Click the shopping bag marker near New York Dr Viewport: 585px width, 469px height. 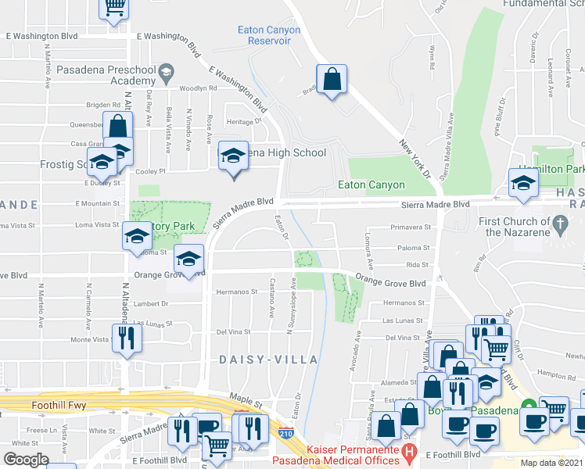point(332,79)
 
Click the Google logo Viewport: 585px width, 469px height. point(26,459)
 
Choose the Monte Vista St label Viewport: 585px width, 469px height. point(89,340)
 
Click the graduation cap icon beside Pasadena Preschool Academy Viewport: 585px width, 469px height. point(166,75)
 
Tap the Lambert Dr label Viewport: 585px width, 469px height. point(152,304)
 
